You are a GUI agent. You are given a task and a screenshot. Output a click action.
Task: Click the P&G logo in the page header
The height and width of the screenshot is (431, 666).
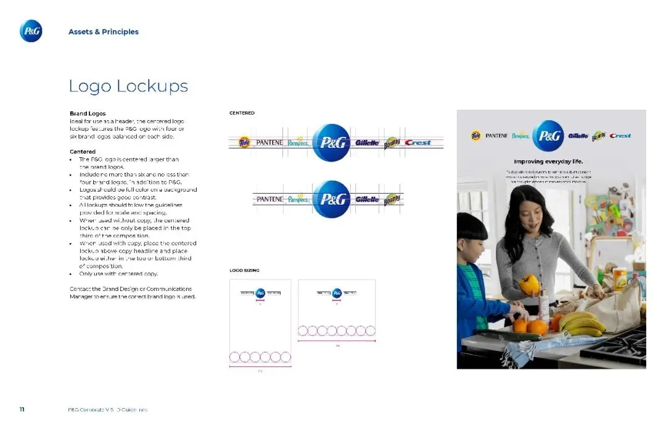pos(31,31)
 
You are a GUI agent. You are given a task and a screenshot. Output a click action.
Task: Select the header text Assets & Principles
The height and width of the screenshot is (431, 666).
pos(104,31)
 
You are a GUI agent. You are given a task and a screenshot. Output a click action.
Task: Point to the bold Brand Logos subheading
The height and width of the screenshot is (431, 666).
pos(88,113)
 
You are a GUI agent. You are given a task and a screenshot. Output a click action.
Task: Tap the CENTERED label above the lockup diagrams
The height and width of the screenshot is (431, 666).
pos(242,113)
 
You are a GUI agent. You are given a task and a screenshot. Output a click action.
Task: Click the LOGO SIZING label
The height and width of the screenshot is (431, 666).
pos(244,270)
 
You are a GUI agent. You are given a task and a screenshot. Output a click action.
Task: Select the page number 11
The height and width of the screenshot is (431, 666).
pos(22,409)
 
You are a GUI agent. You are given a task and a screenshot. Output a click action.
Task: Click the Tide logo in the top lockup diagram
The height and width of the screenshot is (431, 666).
pos(244,142)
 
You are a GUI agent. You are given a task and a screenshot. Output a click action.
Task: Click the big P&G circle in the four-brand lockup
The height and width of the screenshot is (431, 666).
pos(331,199)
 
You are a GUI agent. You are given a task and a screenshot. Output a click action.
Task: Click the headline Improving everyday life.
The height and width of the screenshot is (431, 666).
pos(549,162)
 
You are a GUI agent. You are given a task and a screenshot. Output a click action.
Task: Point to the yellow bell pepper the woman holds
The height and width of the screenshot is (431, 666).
pos(529,284)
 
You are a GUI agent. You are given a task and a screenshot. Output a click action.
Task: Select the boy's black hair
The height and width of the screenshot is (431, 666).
pos(472,226)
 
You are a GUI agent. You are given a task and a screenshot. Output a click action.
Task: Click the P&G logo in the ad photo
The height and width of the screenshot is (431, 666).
pos(548,136)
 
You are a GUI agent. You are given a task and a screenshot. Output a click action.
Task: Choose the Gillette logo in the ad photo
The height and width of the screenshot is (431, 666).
pos(578,136)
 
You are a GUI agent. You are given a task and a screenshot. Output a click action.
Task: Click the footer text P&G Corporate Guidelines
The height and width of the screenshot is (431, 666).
pos(108,409)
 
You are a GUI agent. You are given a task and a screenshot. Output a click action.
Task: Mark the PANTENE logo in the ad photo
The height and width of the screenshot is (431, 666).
pos(496,136)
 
